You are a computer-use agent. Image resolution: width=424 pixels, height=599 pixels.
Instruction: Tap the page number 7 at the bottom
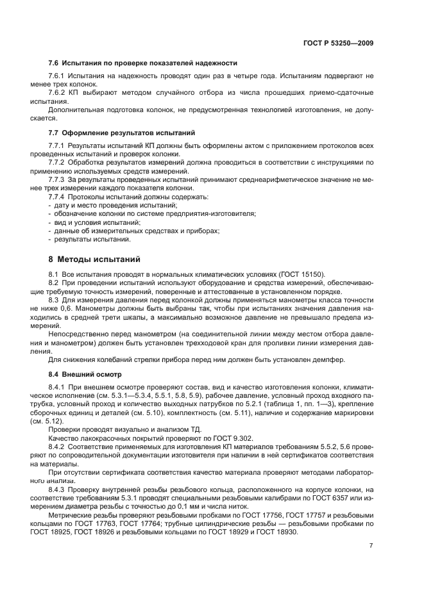(371, 545)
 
